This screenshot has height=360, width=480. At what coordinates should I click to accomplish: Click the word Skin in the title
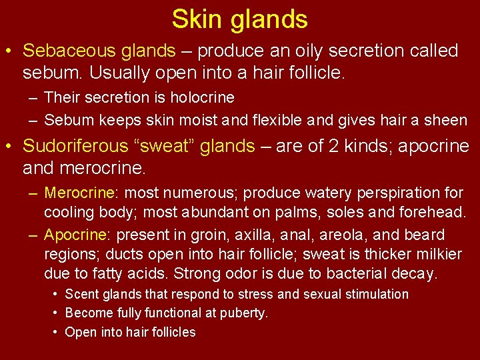197,19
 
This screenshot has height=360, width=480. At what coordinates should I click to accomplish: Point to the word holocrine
203,97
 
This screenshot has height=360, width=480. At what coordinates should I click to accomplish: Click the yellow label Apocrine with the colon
77,235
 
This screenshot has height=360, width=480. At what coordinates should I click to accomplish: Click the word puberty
245,313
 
